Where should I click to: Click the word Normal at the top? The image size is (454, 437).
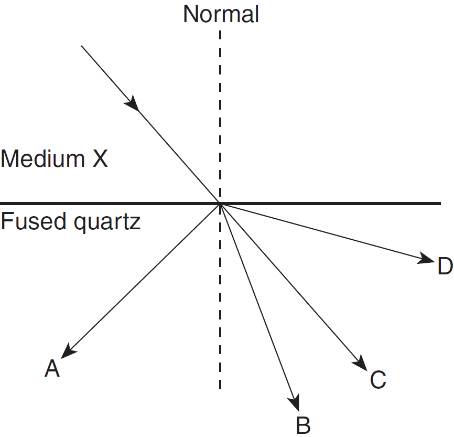tap(221, 14)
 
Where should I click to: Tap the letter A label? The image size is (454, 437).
tap(52, 369)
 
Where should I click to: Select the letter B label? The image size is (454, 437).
tap(303, 424)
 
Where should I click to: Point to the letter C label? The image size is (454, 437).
tap(377, 380)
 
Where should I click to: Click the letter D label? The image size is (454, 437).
tap(445, 267)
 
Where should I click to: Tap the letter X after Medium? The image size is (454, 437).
tap(100, 158)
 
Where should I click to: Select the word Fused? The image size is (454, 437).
tap(28, 222)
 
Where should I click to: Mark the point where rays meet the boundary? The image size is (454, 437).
tap(220, 203)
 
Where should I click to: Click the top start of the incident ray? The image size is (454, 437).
tap(82, 46)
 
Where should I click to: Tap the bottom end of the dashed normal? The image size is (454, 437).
tap(220, 388)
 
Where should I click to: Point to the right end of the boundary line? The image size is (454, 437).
tap(440, 203)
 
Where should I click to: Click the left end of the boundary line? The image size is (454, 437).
tap(2, 203)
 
